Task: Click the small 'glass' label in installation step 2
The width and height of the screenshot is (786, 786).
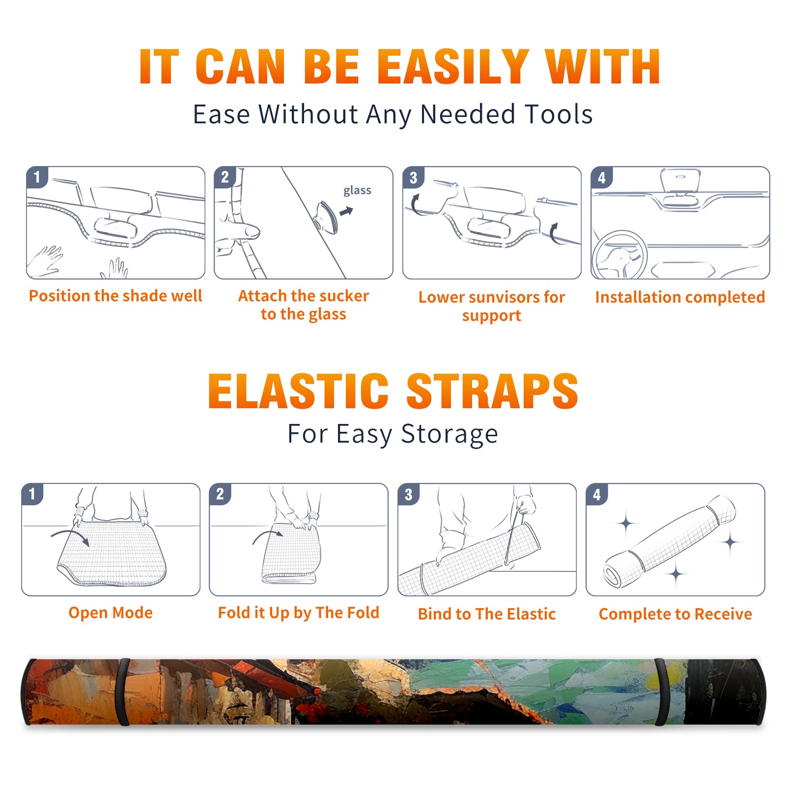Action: coord(357,191)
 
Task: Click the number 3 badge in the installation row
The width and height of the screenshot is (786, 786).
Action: coord(413,177)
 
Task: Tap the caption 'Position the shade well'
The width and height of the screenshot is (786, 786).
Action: coord(115,296)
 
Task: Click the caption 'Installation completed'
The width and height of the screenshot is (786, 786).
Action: coord(680,297)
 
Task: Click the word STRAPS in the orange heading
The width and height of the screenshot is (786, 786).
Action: coord(492,391)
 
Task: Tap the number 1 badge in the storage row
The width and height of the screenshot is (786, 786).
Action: coord(32,494)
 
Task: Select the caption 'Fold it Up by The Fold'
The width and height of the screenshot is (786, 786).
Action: coord(299,613)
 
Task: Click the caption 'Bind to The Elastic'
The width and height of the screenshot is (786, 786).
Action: coord(487,614)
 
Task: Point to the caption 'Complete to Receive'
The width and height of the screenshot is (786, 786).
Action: coord(675,614)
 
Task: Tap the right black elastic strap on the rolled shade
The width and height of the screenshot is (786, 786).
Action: coord(661,692)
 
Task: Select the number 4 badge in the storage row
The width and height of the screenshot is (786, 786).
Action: coord(597,494)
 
